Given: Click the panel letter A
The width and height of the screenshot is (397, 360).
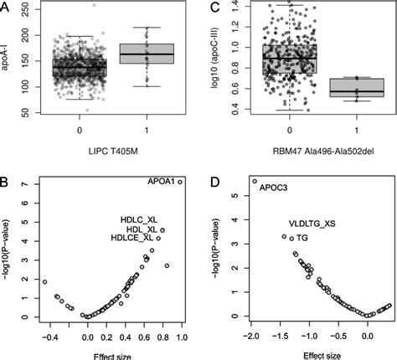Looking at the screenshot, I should coord(6,8).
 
